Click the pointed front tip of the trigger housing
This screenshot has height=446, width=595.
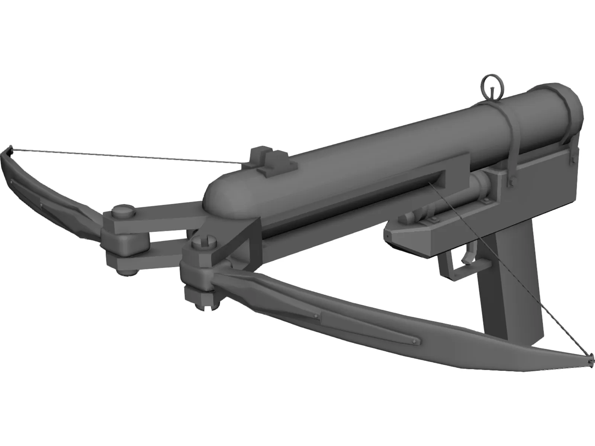click(x=387, y=235)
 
